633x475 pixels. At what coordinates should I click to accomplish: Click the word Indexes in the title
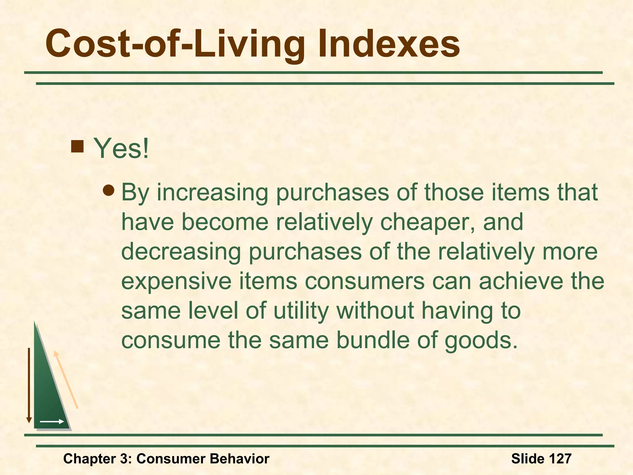click(x=389, y=44)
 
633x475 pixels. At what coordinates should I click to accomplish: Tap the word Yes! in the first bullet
click(x=121, y=148)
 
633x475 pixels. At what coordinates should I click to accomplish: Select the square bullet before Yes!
click(x=77, y=146)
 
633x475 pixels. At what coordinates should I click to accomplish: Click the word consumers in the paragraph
click(x=365, y=281)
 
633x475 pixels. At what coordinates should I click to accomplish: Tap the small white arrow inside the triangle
click(x=52, y=421)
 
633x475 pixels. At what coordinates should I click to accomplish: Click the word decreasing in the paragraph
click(x=181, y=252)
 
